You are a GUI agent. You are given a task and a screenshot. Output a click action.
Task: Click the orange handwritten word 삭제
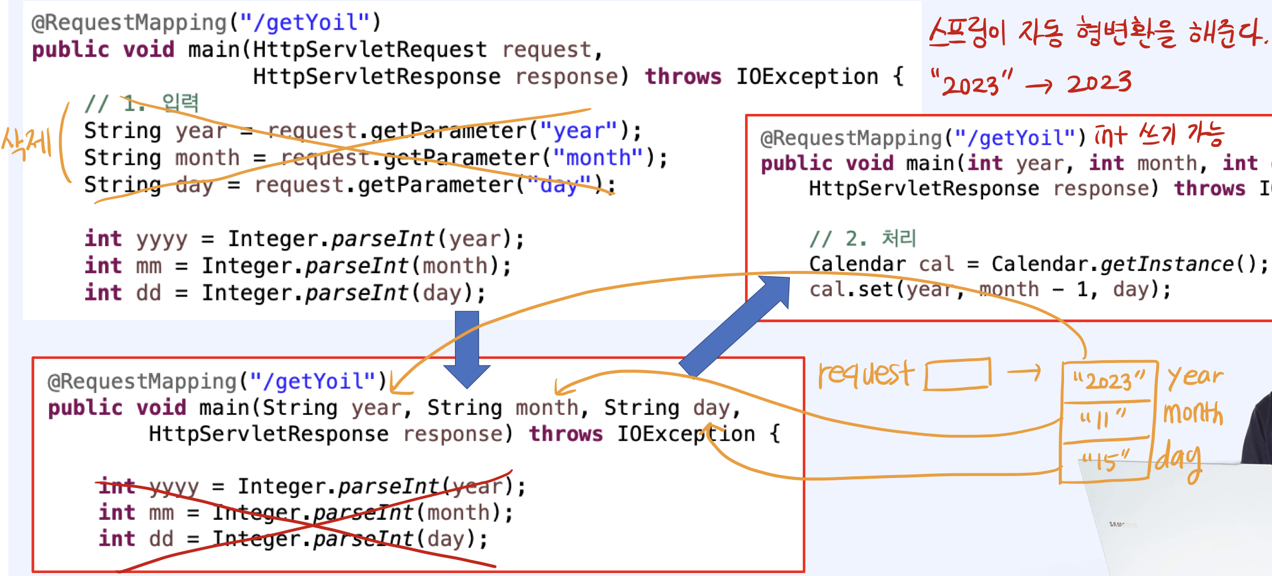tap(27, 143)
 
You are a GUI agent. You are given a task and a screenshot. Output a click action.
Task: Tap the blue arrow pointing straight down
tap(467, 348)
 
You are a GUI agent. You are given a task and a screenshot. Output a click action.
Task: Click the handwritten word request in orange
tap(866, 375)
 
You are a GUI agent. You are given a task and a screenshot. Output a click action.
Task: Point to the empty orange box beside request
tap(958, 375)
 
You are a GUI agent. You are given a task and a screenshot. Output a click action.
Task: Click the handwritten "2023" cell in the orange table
tap(1108, 381)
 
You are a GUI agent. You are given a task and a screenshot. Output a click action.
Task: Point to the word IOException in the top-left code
tap(807, 77)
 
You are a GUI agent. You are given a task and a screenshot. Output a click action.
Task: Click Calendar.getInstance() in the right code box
tap(1128, 264)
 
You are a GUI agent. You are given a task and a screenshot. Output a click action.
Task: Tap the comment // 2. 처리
tap(863, 238)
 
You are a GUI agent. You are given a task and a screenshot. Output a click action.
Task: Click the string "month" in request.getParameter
tap(598, 158)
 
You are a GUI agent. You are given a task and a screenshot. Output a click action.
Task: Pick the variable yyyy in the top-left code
tap(162, 239)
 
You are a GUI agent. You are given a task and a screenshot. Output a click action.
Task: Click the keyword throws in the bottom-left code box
tap(565, 434)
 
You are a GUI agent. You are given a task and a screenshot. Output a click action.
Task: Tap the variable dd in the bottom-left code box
tap(161, 539)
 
